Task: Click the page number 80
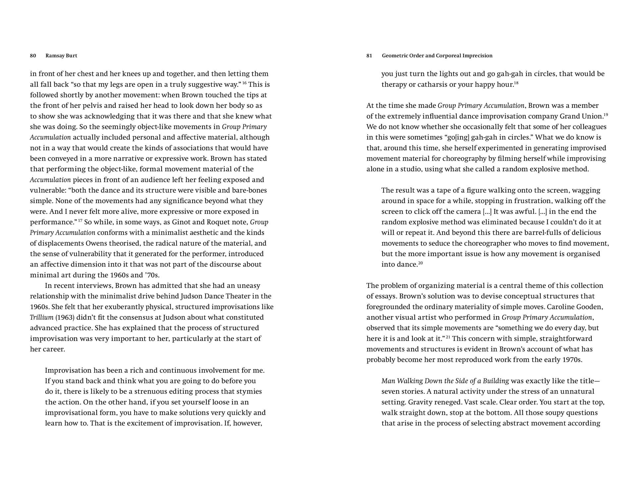pos(33,56)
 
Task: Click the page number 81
pos(369,56)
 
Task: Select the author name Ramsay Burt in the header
pos(61,56)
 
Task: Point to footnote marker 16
pos(244,83)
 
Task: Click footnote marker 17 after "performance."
pos(80,220)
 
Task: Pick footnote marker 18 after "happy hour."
pos(516,83)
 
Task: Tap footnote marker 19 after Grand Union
pos(606,114)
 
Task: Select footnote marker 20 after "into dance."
pos(420,263)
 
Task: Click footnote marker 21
pos(448,337)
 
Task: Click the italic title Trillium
pos(41,317)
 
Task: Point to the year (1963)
pos(65,317)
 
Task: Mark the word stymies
pos(249,392)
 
